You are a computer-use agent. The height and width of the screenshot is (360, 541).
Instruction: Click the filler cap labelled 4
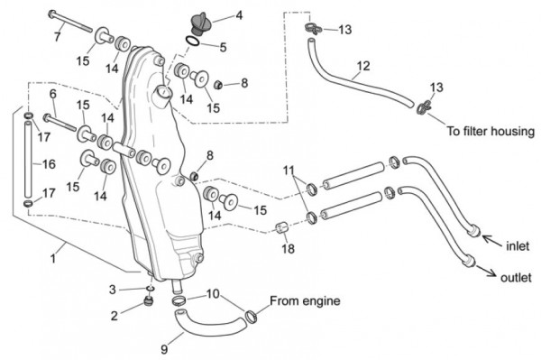[x=199, y=23]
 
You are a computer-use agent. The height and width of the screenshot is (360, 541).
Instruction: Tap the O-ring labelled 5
[x=192, y=42]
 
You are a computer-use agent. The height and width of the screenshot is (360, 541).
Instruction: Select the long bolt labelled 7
[x=70, y=22]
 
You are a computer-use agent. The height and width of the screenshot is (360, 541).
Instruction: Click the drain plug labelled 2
[x=149, y=301]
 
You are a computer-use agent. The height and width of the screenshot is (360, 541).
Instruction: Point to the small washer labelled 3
[x=150, y=288]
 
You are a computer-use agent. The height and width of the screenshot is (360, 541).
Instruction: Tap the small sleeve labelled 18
[x=282, y=227]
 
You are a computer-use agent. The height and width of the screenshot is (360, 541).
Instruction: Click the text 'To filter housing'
[x=491, y=131]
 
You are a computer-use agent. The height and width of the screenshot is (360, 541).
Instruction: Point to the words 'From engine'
[x=305, y=300]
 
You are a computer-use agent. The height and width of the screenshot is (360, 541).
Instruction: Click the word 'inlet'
[x=518, y=246]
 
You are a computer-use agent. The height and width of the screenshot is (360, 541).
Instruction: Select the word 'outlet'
[x=516, y=278]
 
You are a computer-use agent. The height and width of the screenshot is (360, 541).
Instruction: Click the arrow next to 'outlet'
[x=488, y=271]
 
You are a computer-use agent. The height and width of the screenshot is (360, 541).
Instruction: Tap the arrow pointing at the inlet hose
[x=491, y=241]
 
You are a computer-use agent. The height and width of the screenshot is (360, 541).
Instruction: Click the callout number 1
[x=53, y=258]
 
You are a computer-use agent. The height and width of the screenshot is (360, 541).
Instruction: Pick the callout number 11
[x=289, y=171]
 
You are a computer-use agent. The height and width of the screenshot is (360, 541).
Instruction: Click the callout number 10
[x=213, y=294]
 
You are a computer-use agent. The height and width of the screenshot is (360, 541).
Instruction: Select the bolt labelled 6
[x=60, y=123]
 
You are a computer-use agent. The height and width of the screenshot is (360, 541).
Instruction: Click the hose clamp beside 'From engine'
[x=252, y=316]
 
